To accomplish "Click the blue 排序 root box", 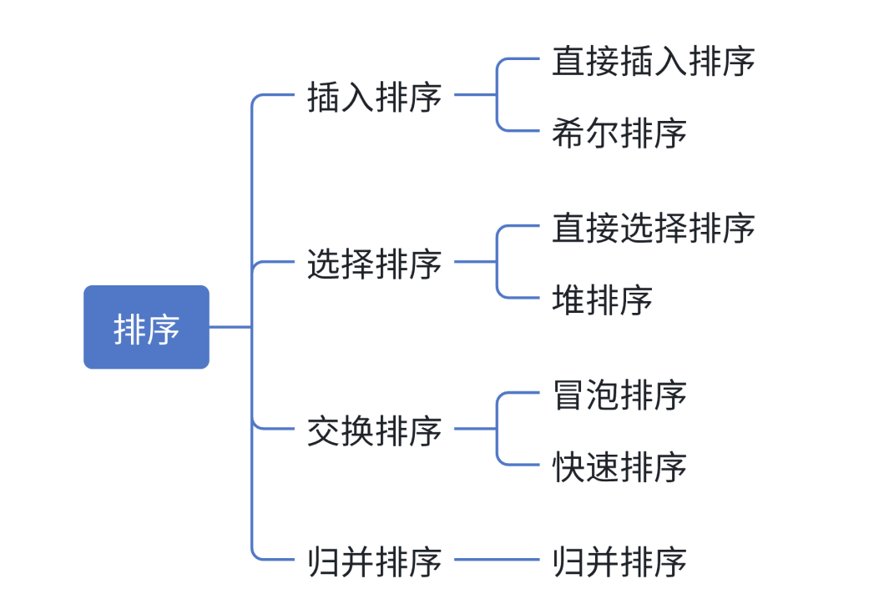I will pyautogui.click(x=146, y=327).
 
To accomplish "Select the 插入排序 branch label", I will pyautogui.click(x=374, y=97).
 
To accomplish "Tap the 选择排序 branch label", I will pyautogui.click(x=374, y=264).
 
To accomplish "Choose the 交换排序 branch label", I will pyautogui.click(x=374, y=430).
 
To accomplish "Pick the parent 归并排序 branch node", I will pyautogui.click(x=374, y=561).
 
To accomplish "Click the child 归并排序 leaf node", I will pyautogui.click(x=619, y=561).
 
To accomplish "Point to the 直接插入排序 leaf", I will pyautogui.click(x=653, y=61).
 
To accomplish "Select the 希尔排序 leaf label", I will pyautogui.click(x=619, y=133).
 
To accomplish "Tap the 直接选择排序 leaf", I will pyautogui.click(x=653, y=228).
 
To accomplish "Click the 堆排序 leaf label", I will pyautogui.click(x=602, y=299).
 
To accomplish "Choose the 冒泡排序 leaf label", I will pyautogui.click(x=619, y=395).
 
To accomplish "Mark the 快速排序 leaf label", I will pyautogui.click(x=619, y=466).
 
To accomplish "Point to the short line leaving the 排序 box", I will pyautogui.click(x=230, y=327).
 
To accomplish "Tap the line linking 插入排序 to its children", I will pyautogui.click(x=476, y=95).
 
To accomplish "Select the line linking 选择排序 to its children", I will pyautogui.click(x=476, y=262).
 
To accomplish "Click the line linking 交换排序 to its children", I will pyautogui.click(x=476, y=429).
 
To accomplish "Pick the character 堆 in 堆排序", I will pyautogui.click(x=568, y=299).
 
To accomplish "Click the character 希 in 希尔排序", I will pyautogui.click(x=568, y=133).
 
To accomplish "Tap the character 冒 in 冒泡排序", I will pyautogui.click(x=568, y=395).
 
